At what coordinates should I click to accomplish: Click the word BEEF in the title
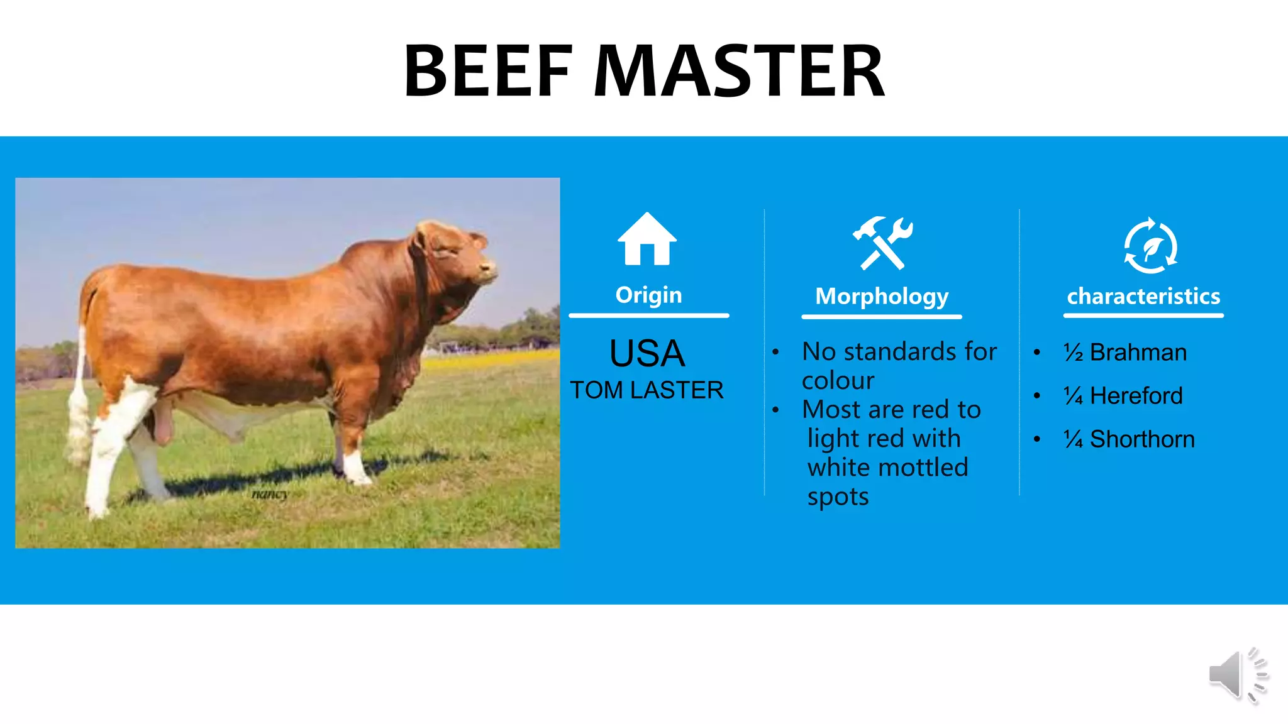point(488,71)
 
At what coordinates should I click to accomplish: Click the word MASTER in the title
point(739,71)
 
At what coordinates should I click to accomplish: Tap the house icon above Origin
point(647,239)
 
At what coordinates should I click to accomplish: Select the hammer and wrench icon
point(882,243)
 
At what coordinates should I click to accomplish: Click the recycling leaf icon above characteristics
point(1150,246)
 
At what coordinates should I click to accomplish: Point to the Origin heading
point(648,295)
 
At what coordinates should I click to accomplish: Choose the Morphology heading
point(882,296)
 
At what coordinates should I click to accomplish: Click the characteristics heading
point(1143,296)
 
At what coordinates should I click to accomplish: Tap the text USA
point(647,353)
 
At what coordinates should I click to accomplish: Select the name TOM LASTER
point(647,390)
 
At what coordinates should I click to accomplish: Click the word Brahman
point(1138,353)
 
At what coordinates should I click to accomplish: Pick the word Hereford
point(1136,396)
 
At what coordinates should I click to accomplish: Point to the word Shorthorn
point(1142,439)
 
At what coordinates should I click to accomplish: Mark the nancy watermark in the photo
point(270,494)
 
